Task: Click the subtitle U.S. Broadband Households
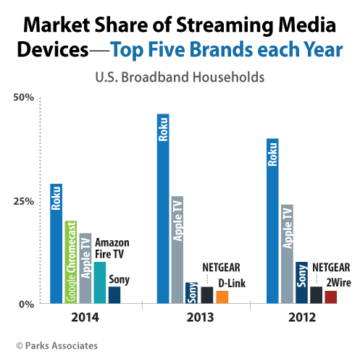[x=180, y=75]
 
